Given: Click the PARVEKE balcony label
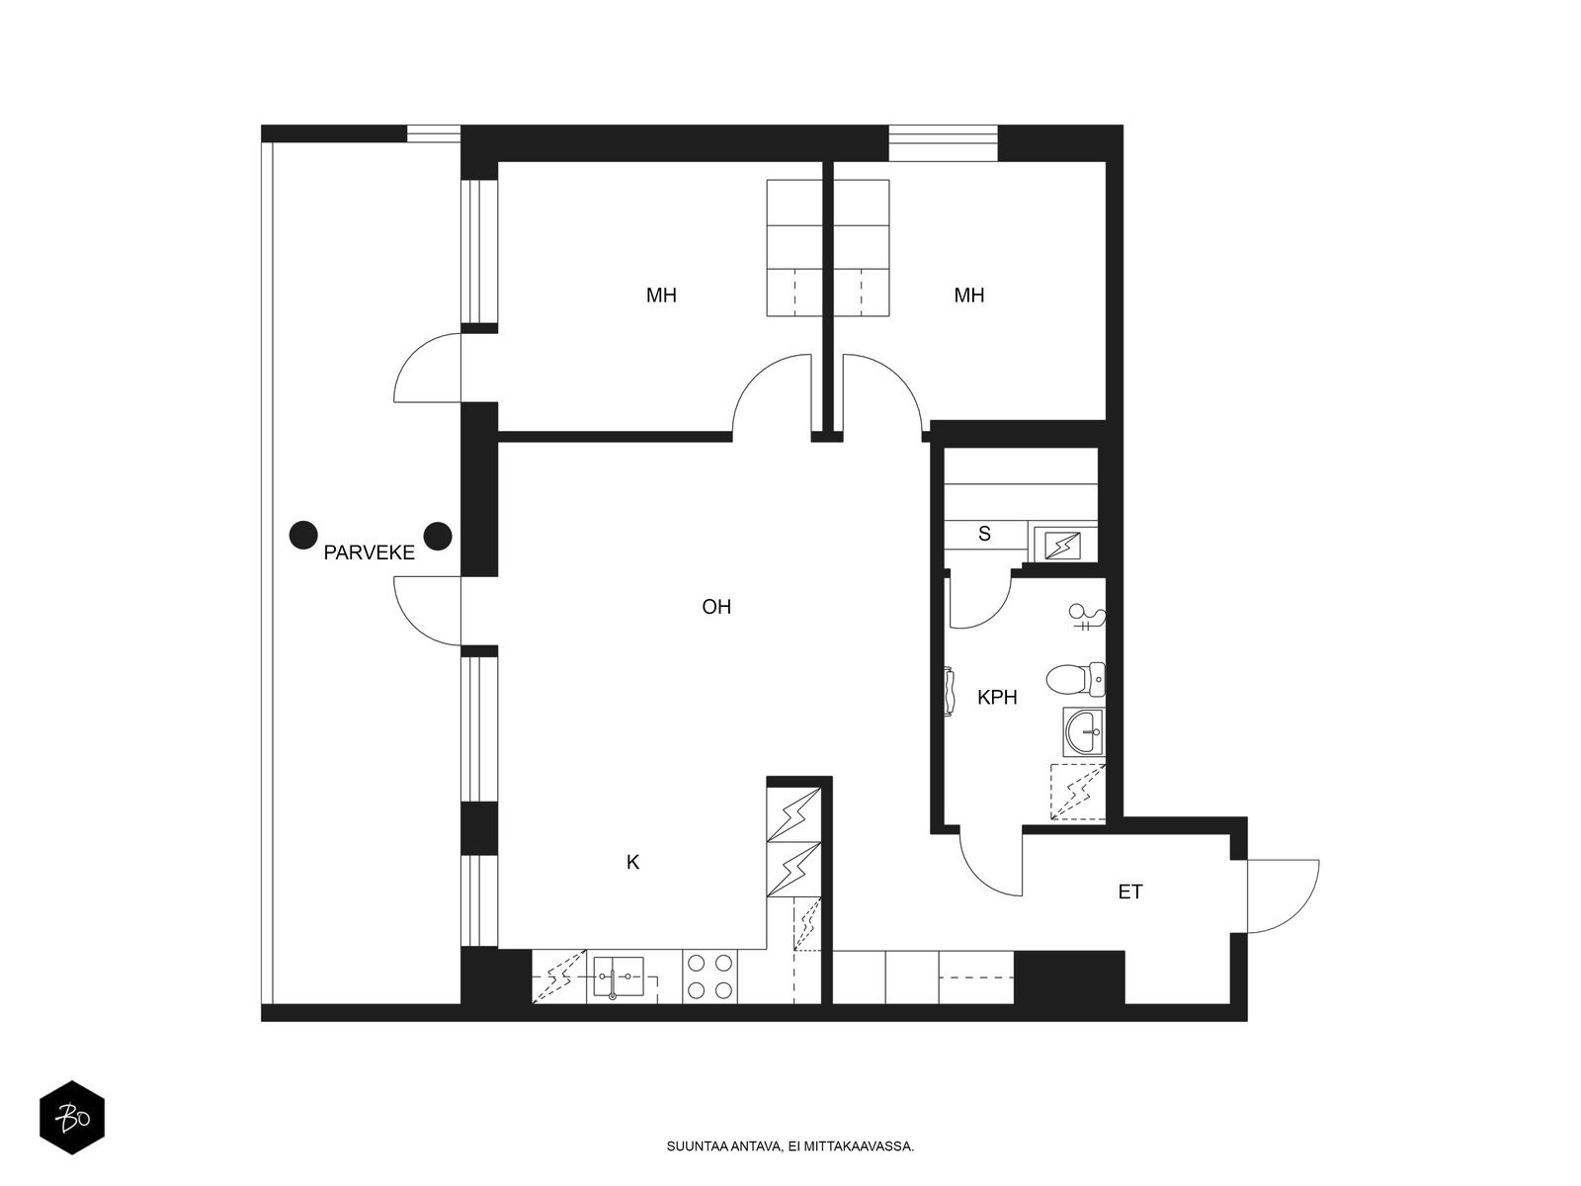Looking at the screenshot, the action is [369, 553].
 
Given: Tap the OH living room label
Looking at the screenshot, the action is [716, 607].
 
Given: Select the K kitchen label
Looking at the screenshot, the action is [633, 862].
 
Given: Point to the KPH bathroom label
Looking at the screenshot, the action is [997, 697].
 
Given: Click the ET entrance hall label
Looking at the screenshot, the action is [1130, 892].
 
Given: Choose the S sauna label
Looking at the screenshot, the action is [984, 534].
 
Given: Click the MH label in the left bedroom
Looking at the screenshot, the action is [661, 296].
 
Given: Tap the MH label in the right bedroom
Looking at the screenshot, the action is [968, 296].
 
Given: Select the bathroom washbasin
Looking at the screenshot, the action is [1083, 731].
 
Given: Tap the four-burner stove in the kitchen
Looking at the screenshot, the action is [709, 976].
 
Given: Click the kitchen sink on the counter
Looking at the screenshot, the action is [618, 976].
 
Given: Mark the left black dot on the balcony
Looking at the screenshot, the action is [303, 535].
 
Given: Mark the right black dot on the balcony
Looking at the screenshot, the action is [438, 536].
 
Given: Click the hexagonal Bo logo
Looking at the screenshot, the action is [72, 1118].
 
